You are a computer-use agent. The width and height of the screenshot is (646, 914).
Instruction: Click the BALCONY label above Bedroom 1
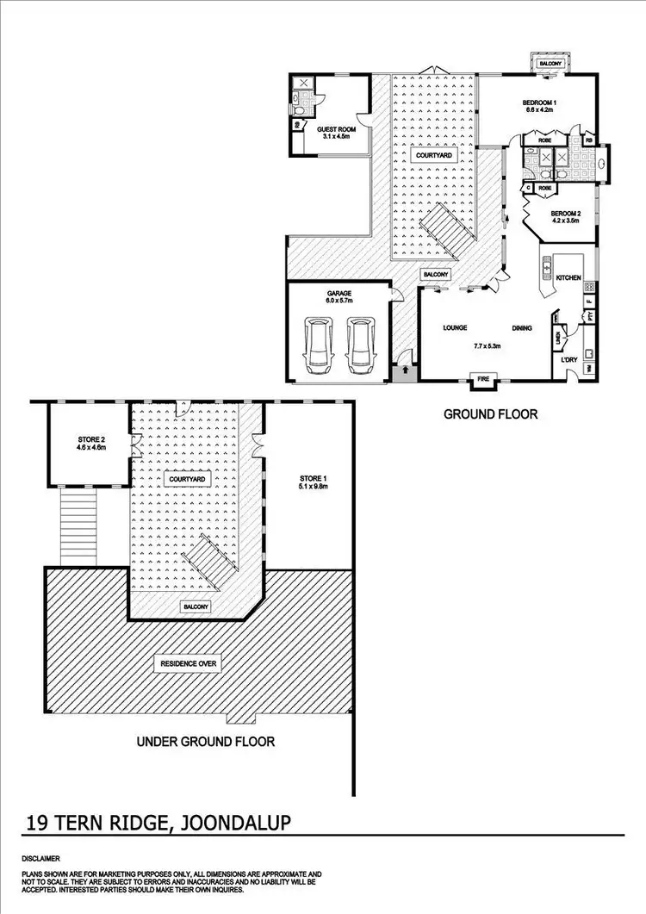pyautogui.click(x=550, y=64)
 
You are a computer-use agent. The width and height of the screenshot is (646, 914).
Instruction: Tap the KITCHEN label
pyautogui.click(x=568, y=277)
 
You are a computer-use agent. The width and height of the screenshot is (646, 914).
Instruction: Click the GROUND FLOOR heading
pyautogui.click(x=490, y=414)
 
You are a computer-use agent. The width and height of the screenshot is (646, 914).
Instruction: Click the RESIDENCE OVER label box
pyautogui.click(x=188, y=663)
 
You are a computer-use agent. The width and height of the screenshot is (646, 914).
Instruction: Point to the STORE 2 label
pyautogui.click(x=91, y=445)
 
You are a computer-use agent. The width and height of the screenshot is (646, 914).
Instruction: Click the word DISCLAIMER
pyautogui.click(x=40, y=859)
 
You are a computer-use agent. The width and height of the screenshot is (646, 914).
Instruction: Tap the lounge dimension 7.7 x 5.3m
pyautogui.click(x=488, y=345)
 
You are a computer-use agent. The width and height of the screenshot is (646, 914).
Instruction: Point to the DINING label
pyautogui.click(x=521, y=328)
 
